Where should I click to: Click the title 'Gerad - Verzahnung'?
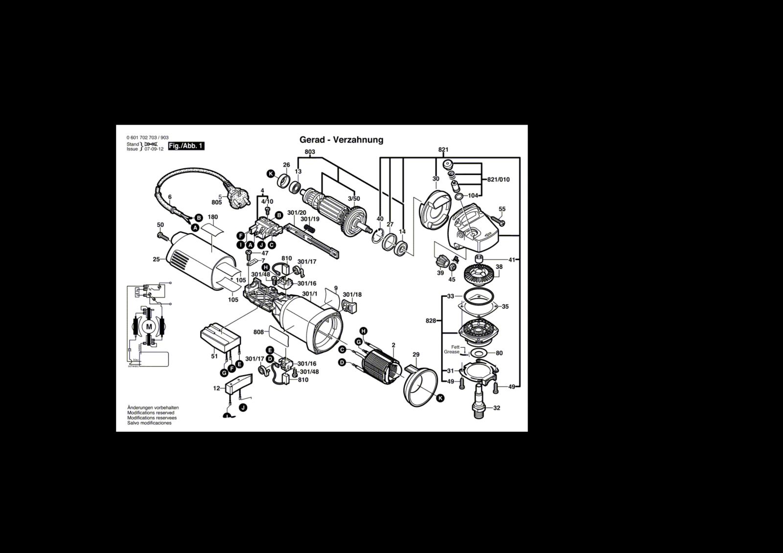click(341, 140)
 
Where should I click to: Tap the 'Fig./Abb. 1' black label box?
click(185, 146)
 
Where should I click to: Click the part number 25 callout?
click(156, 259)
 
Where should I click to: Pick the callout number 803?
click(310, 152)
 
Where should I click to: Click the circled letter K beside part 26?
click(271, 174)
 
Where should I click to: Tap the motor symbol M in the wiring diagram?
click(150, 326)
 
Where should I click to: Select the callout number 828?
click(431, 321)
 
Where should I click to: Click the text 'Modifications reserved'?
click(151, 413)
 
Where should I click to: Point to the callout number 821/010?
click(498, 179)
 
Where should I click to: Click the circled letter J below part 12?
click(243, 407)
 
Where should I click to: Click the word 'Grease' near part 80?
click(452, 352)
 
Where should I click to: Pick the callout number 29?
click(416, 354)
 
